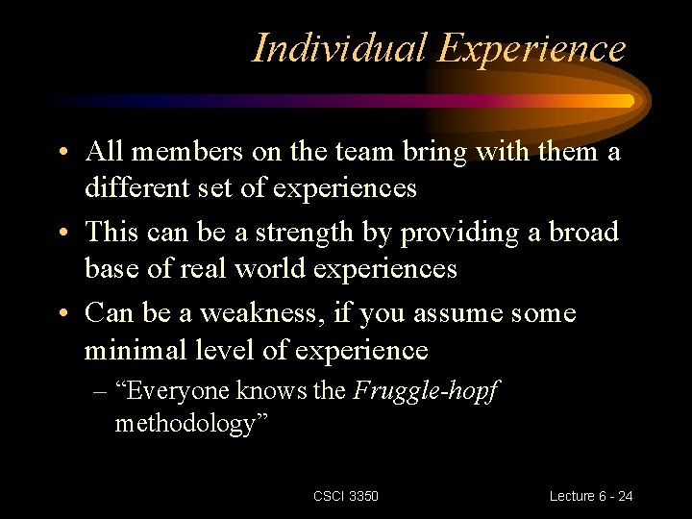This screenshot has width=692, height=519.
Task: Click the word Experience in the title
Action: pyautogui.click(x=532, y=48)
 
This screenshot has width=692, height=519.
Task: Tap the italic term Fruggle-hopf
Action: pyautogui.click(x=426, y=391)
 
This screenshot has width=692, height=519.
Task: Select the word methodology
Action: pyautogui.click(x=180, y=423)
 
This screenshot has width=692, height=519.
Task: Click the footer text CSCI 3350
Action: pyautogui.click(x=346, y=496)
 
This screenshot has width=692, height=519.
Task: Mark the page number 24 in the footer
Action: pyautogui.click(x=625, y=496)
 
